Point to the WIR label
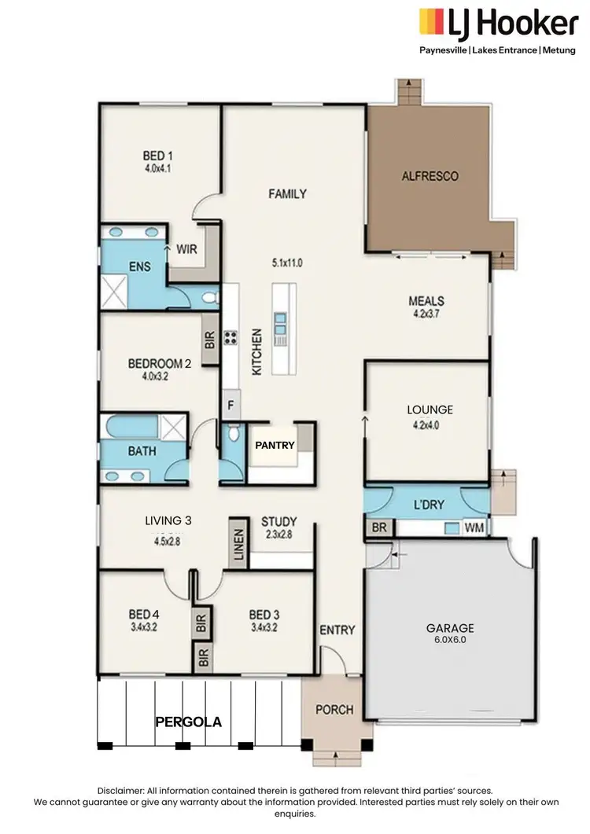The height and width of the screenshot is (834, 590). coord(186,249)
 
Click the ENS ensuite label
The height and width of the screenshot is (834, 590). coord(130,266)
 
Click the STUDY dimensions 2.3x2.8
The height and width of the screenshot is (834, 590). coord(278,535)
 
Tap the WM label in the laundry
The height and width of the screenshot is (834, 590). coord(474,528)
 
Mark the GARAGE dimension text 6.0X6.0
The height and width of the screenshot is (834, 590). coord(450,641)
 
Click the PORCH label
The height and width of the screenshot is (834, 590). coord(334,709)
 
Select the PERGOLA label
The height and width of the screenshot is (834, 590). coord(188,720)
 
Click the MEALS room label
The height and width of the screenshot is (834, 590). coord(426,301)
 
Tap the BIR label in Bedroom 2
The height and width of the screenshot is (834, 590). coord(210,339)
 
